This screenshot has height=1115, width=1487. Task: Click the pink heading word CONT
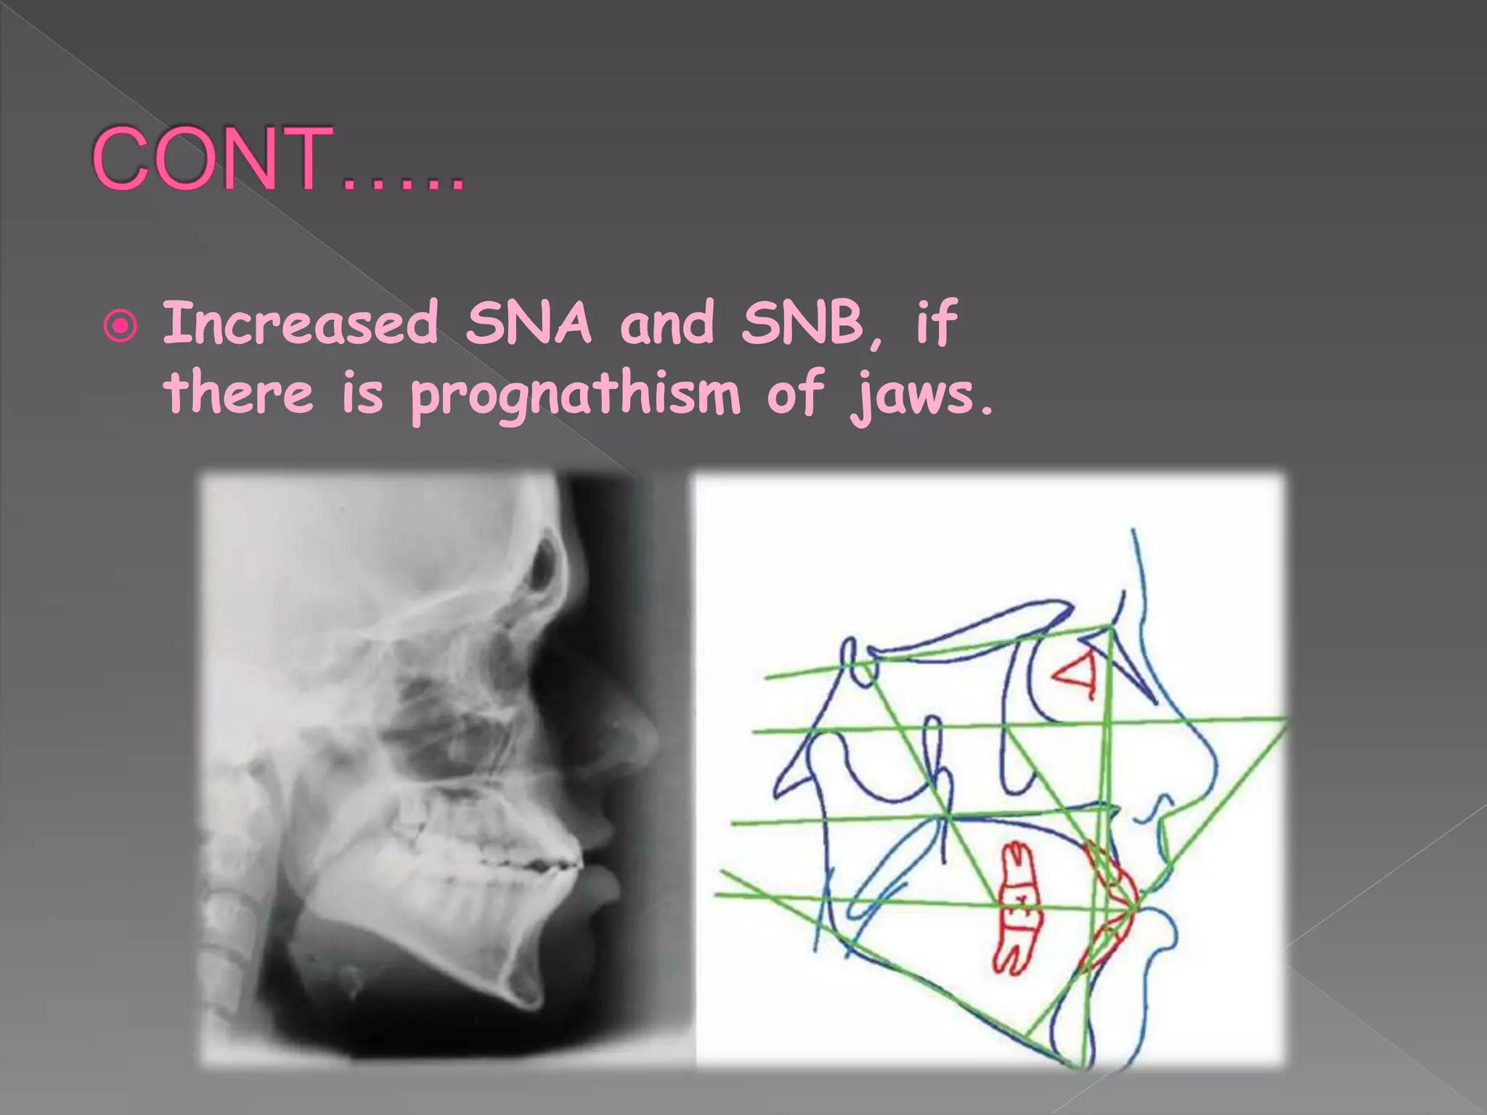(x=211, y=159)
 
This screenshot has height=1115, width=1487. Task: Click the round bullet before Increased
(x=121, y=327)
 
